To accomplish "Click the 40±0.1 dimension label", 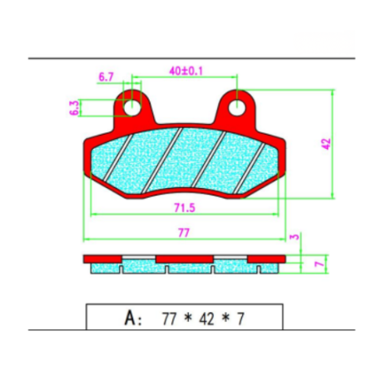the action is [186, 71].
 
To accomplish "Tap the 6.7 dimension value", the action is [106, 77].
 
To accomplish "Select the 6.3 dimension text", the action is [74, 108].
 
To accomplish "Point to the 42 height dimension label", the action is [326, 144].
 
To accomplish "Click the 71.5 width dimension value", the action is [185, 207].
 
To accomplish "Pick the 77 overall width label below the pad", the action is [184, 232].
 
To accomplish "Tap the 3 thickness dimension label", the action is [294, 237].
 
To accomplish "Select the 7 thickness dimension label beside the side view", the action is [319, 263].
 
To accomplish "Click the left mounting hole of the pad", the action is [131, 107].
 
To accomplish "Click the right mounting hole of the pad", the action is [237, 107].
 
